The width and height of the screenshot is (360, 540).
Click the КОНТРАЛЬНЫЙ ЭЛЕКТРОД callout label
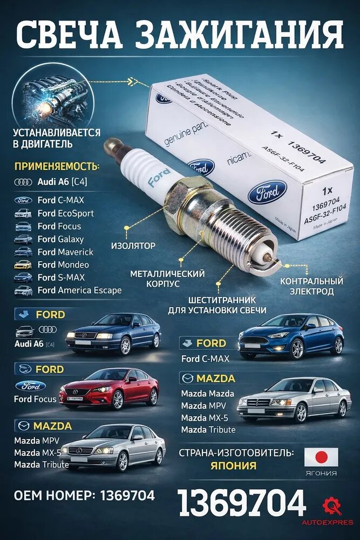(311, 286)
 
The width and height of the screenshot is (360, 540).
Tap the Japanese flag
(321, 457)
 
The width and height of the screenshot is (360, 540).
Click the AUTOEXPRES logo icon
(331, 507)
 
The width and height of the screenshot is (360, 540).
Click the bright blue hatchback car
(291, 335)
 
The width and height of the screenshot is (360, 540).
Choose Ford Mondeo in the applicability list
(63, 265)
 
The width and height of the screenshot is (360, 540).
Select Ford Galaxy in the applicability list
(60, 239)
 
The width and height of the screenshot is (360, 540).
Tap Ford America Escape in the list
(79, 291)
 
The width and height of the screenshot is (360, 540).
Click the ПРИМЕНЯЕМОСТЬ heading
(57, 165)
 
